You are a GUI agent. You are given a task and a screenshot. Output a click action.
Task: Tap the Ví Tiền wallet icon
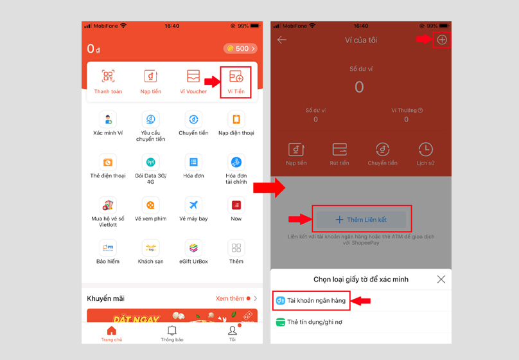click(236, 78)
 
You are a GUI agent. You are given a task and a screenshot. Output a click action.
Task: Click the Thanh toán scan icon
click(108, 78)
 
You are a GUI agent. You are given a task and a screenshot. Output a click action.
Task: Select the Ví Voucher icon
click(193, 78)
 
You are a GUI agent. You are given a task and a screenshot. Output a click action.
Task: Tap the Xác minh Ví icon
click(108, 120)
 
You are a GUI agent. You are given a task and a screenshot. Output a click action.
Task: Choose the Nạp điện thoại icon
click(236, 120)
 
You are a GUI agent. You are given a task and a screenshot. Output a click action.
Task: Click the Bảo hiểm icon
click(108, 248)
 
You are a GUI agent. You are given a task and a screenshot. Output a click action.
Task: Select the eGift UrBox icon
click(193, 248)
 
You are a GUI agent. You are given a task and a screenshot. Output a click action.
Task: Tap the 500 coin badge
click(240, 49)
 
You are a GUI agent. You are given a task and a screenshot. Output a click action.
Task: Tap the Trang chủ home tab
click(111, 334)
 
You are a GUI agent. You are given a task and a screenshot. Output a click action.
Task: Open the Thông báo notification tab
click(172, 334)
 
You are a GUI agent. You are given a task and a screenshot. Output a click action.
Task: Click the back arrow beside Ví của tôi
click(282, 40)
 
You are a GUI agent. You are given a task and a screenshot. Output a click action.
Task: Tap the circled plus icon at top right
click(441, 40)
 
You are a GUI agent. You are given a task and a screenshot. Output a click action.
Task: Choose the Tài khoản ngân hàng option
click(315, 301)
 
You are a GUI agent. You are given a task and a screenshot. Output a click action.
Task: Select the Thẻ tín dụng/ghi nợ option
click(314, 322)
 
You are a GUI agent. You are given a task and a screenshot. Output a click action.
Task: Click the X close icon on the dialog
click(441, 280)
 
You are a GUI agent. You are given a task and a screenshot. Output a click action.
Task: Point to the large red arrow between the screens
click(268, 188)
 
